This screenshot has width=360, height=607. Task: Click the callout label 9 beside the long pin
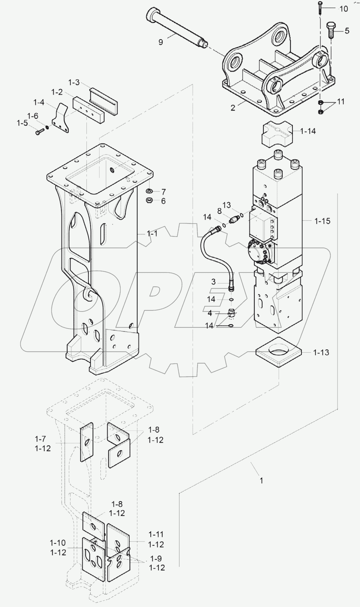pos(161,42)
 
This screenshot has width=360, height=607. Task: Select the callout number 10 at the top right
pos(343,9)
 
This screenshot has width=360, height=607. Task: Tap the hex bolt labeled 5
pos(331,30)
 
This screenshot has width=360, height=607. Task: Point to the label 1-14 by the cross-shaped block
pos(308,131)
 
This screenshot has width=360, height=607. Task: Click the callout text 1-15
pos(322,221)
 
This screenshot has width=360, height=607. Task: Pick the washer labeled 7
pos(150,191)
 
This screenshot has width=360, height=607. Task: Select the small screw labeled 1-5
pos(39,132)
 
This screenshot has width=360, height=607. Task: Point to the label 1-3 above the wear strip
pos(74,82)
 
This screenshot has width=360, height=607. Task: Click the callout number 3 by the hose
pos(213,282)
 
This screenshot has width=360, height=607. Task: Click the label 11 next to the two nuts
pos(341,102)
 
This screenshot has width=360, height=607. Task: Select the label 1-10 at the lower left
pos(58,543)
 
